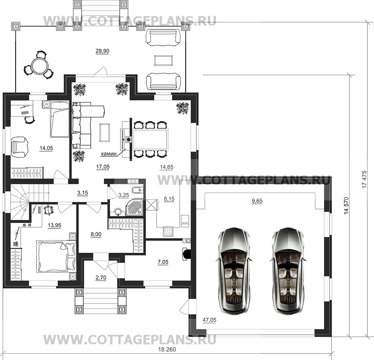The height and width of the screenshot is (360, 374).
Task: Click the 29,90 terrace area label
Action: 103,51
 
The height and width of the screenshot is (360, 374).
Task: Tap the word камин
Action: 109,154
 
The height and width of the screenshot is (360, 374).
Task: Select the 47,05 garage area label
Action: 209,320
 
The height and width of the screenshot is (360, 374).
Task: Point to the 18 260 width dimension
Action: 167,350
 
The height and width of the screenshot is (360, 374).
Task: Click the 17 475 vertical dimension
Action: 364,179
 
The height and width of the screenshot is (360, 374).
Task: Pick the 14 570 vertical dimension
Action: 346,205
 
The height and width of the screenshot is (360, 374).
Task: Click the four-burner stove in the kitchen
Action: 168,231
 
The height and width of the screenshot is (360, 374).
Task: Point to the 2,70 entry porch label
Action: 101,278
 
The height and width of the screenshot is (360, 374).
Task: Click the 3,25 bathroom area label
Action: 124,195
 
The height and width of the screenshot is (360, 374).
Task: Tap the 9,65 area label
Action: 257,201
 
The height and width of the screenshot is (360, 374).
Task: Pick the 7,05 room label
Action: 163,262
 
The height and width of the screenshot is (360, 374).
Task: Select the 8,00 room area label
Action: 96,235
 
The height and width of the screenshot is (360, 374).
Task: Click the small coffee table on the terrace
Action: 163,60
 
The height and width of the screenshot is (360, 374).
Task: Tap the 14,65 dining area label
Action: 167,167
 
